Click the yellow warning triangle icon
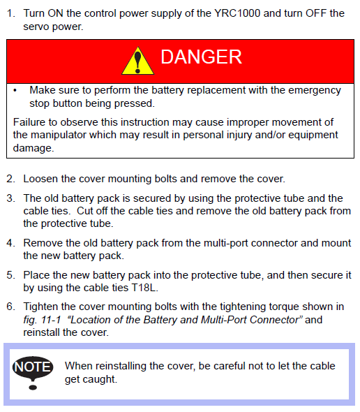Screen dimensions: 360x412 tap(138, 61)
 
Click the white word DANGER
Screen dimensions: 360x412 tap(201, 57)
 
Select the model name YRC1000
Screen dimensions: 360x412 tap(237, 13)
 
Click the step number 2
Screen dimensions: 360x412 tap(10, 179)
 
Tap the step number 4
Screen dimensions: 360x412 tap(10, 243)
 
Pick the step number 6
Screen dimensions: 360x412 tap(10, 307)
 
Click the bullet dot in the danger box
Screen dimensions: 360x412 tap(15, 91)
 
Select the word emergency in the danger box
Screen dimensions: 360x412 tap(315, 90)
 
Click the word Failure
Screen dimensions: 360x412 tap(29, 122)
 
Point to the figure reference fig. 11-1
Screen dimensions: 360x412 tap(42, 320)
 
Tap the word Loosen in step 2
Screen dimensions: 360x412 tap(40, 179)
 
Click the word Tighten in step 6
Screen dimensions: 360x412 tap(40, 307)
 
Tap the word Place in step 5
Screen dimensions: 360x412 tap(36, 275)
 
